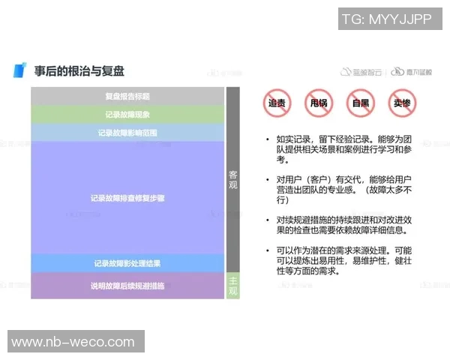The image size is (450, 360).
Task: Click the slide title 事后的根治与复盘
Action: [x=79, y=71]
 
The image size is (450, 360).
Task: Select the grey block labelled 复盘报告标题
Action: [x=127, y=96]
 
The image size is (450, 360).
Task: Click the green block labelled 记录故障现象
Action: [x=127, y=115]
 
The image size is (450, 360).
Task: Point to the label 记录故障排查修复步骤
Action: [x=127, y=199]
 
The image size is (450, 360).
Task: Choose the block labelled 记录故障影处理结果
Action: [x=127, y=263]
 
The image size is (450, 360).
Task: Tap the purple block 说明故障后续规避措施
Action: [x=127, y=286]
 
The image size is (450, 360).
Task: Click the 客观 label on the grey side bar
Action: [x=232, y=179]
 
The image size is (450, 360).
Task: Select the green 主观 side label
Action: [x=232, y=284]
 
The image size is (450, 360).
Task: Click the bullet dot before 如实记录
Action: [x=267, y=139]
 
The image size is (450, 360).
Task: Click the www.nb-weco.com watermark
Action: [x=76, y=342]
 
